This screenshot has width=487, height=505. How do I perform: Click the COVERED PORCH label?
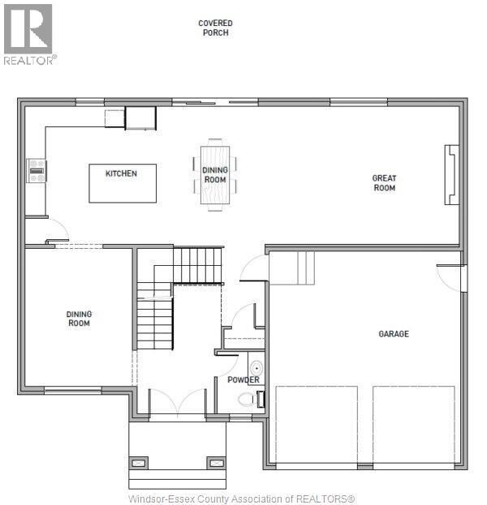pyautogui.click(x=215, y=28)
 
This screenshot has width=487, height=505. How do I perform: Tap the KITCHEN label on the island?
pyautogui.click(x=121, y=173)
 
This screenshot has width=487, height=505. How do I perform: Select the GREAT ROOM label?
pyautogui.click(x=384, y=183)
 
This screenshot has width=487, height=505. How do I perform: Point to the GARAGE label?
pyautogui.click(x=394, y=334)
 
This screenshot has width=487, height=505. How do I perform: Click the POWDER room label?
pyautogui.click(x=243, y=379)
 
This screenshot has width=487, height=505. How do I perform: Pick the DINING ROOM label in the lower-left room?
pyautogui.click(x=79, y=319)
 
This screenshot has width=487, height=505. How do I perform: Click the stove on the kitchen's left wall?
pyautogui.click(x=37, y=170)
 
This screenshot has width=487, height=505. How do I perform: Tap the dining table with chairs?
pyautogui.click(x=215, y=175)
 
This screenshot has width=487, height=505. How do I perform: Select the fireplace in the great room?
pyautogui.click(x=451, y=175)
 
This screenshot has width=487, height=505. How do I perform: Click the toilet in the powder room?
pyautogui.click(x=248, y=399)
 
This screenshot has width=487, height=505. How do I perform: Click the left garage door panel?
pyautogui.click(x=317, y=425)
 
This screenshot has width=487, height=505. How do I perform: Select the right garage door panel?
pyautogui.click(x=413, y=425)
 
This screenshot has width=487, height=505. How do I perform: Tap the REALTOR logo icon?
pyautogui.click(x=28, y=29)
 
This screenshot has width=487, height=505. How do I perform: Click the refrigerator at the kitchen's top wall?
pyautogui.click(x=140, y=118)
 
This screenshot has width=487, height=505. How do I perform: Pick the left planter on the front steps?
pyautogui.click(x=139, y=463)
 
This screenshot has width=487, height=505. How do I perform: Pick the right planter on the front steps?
pyautogui.click(x=216, y=463)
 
